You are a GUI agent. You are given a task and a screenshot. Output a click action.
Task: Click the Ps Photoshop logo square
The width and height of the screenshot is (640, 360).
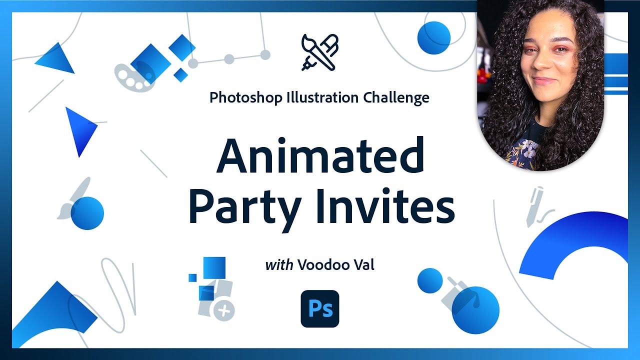pos(320,308)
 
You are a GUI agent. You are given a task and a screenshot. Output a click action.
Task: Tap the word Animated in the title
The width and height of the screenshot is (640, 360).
pos(320,156)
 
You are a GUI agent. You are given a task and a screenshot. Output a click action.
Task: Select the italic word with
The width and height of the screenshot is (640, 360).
pos(279,265)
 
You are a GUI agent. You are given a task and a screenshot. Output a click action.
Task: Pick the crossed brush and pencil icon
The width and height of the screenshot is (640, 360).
pos(320,52)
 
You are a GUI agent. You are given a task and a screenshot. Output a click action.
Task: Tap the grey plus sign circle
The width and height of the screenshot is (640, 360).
pos(224,311)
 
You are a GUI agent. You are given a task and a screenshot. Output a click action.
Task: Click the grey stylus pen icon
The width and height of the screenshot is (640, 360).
pos(534,205)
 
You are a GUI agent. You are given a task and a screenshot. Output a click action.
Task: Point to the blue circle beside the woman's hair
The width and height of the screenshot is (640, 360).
pos(433,38)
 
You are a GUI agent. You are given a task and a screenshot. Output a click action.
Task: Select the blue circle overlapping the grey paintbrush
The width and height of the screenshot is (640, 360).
pos(87,213)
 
